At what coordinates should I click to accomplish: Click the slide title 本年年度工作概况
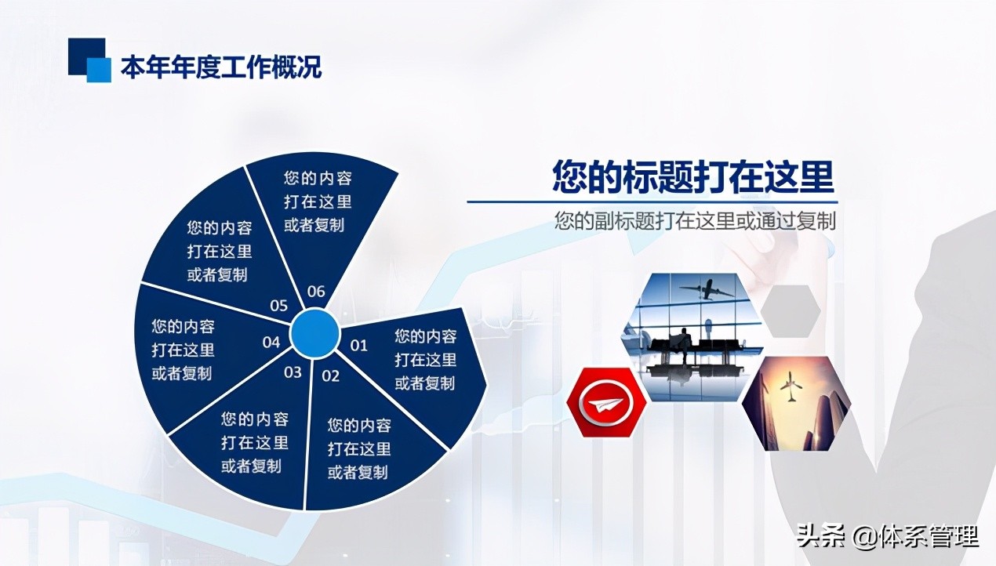220,67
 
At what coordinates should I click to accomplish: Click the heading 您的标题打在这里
692,177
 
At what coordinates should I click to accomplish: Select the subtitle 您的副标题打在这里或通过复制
695,221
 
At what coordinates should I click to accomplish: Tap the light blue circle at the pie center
314,334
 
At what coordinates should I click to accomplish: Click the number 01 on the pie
358,345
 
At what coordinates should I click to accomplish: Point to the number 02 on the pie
331,376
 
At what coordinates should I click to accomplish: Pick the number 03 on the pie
293,372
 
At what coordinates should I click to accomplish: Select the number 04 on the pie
271,342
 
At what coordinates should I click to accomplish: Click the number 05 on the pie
278,306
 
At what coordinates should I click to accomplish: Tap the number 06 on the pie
315,292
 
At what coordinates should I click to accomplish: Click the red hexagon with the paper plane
605,405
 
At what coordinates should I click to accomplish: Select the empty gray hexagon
791,311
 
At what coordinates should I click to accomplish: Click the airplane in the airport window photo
707,289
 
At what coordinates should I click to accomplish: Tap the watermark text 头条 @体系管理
887,537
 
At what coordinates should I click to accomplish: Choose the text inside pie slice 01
425,360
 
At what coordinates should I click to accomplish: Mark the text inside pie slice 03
254,442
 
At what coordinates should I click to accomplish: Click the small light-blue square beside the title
99,70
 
